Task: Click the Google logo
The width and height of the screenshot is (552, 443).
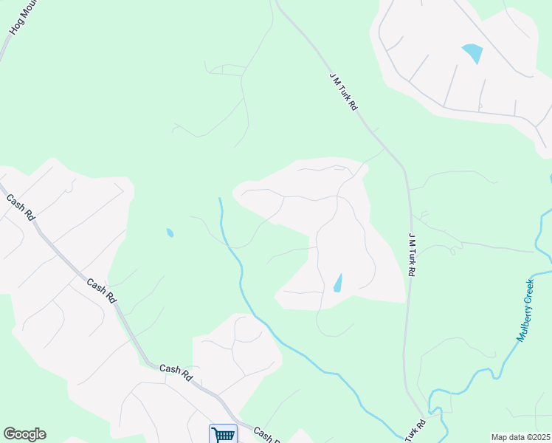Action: pos(24,434)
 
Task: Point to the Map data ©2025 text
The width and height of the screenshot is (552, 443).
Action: pos(520,437)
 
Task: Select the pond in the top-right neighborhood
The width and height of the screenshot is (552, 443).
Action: pos(472,53)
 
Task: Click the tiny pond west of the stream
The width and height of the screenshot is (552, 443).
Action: pos(170,233)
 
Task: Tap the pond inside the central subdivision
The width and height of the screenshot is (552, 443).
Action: pos(338,283)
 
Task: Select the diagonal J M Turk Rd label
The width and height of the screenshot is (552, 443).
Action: pos(344,92)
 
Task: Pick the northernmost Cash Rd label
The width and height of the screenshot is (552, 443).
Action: pos(21,207)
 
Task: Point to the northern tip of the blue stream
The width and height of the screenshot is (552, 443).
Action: pos(220,199)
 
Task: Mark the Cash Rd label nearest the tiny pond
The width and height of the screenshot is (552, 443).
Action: pos(101,289)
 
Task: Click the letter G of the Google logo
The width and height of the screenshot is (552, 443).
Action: pos(10,434)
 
